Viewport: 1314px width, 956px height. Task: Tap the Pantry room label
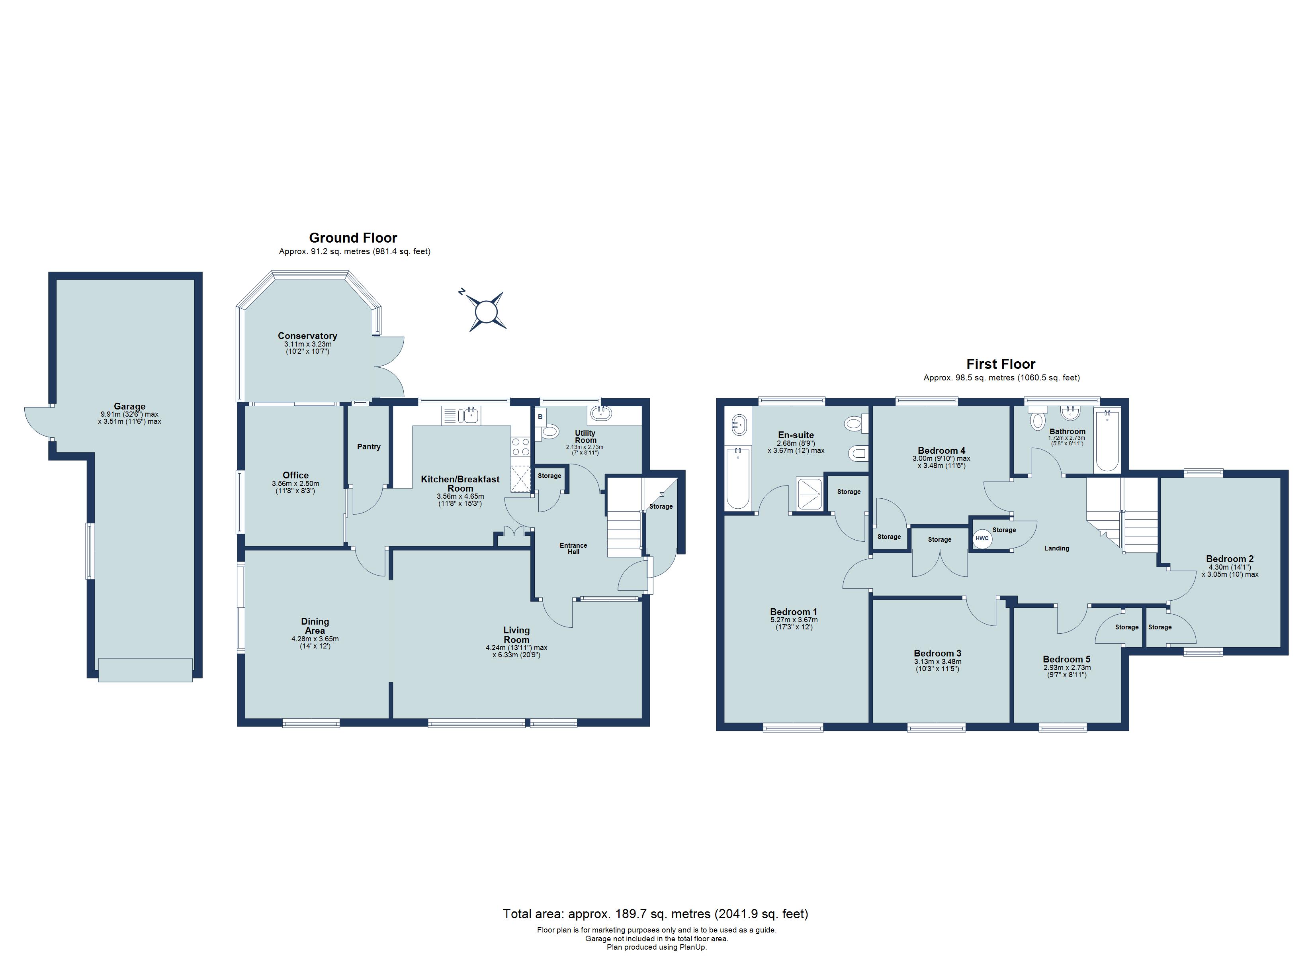point(368,447)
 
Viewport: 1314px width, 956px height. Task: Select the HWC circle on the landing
point(982,539)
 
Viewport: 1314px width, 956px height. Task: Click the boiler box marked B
point(540,417)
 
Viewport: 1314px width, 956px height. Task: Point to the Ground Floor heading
point(353,238)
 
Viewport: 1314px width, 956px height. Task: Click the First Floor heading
point(1001,364)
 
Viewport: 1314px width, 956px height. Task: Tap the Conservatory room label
point(307,336)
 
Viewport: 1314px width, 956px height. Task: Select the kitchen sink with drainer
point(461,415)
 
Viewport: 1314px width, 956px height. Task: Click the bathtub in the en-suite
point(737,478)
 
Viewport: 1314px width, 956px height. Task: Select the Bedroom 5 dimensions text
point(1067,671)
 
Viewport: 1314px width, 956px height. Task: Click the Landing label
point(1056,549)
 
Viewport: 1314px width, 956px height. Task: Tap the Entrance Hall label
point(573,549)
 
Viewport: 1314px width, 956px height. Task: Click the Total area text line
point(655,914)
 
